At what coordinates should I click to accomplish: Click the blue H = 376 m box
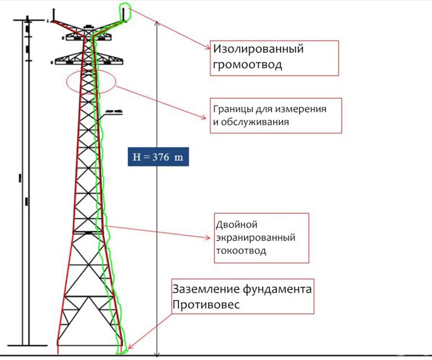(157, 157)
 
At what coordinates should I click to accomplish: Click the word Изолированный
(258, 49)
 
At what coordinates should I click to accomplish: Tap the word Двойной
(232, 224)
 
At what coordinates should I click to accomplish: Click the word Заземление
(206, 290)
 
